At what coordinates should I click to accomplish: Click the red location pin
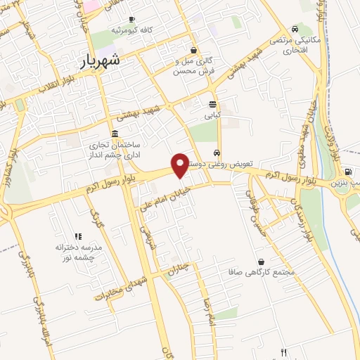[180, 165]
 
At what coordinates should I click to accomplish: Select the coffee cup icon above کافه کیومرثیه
[131, 19]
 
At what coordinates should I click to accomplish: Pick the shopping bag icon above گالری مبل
[193, 50]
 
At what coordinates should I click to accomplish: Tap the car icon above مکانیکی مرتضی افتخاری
[295, 30]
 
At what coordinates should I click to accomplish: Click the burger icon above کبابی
[212, 103]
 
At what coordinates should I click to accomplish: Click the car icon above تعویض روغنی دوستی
[217, 153]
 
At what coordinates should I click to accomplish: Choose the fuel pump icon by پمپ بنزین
[347, 172]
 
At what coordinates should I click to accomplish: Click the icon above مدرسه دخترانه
[78, 237]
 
